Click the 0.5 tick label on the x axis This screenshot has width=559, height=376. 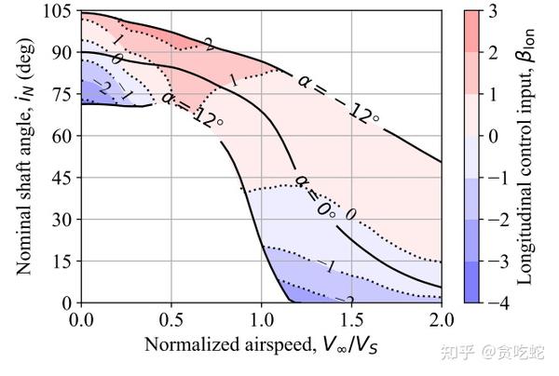171,319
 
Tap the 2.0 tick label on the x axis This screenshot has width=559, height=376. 440,319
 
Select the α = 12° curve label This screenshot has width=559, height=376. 191,108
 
